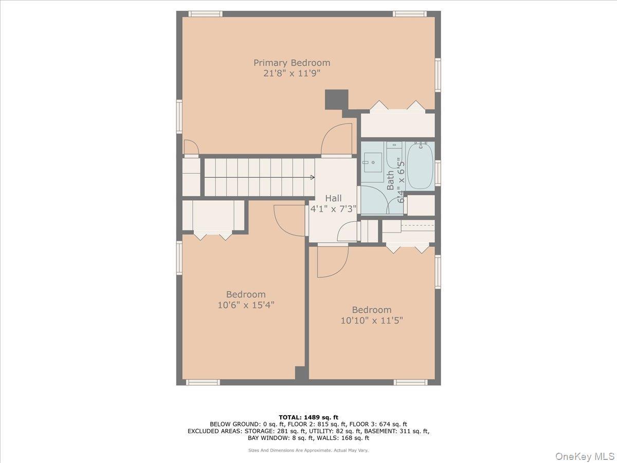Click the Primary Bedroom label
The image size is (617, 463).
(x=292, y=63)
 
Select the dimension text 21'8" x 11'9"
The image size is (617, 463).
(x=292, y=74)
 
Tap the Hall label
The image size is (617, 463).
(x=333, y=198)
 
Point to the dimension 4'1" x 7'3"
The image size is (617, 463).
(x=333, y=209)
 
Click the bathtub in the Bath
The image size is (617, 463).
(x=420, y=166)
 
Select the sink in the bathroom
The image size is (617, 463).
(x=372, y=163)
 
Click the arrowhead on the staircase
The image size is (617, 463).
(x=312, y=177)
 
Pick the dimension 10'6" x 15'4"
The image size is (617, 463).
(x=246, y=305)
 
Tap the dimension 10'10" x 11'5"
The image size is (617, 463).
(x=371, y=320)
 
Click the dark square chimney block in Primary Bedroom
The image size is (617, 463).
(x=336, y=99)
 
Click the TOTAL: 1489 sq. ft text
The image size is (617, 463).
(x=308, y=417)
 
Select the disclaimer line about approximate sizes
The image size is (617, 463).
(x=308, y=450)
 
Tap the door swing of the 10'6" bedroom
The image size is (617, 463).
(x=290, y=220)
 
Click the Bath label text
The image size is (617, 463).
(x=390, y=181)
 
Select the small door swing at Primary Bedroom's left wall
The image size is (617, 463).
(x=190, y=147)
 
